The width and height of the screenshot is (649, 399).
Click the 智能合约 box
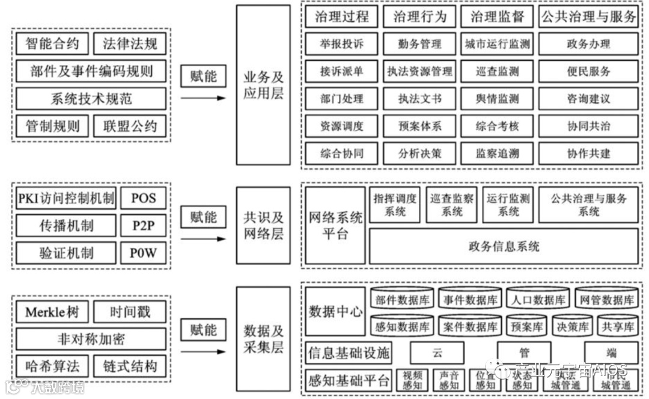coord(52,44)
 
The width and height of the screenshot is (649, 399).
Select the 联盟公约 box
coord(130,126)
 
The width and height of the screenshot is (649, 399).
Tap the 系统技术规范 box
coord(91,99)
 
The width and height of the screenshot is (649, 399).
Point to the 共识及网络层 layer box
coord(263,226)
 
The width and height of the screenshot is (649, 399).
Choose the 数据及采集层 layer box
coord(263,338)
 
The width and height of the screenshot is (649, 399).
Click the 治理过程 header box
coord(342,16)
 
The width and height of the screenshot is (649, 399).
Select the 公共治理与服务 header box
coord(588,16)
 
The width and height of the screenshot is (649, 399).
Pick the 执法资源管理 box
coord(419,72)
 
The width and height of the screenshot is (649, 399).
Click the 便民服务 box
coord(588,72)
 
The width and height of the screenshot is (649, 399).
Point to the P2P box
coord(144,226)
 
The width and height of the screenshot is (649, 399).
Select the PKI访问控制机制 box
coord(66,199)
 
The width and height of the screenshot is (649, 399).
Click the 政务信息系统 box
coord(504,246)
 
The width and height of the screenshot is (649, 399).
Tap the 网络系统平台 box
coord(335,225)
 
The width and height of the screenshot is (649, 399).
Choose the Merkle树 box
coord(52,312)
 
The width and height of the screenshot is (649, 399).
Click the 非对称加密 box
coord(91,339)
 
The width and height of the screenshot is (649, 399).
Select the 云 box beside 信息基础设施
coord(436,353)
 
